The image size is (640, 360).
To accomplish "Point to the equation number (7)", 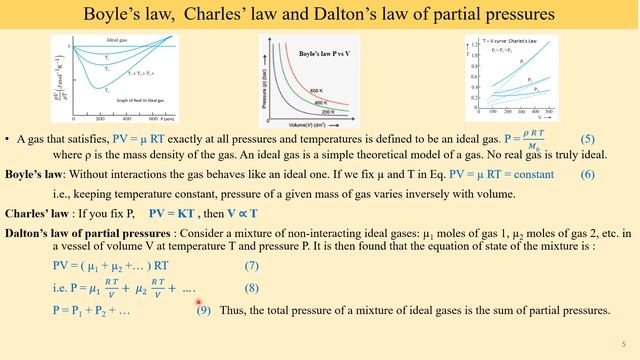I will click(x=257, y=265).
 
